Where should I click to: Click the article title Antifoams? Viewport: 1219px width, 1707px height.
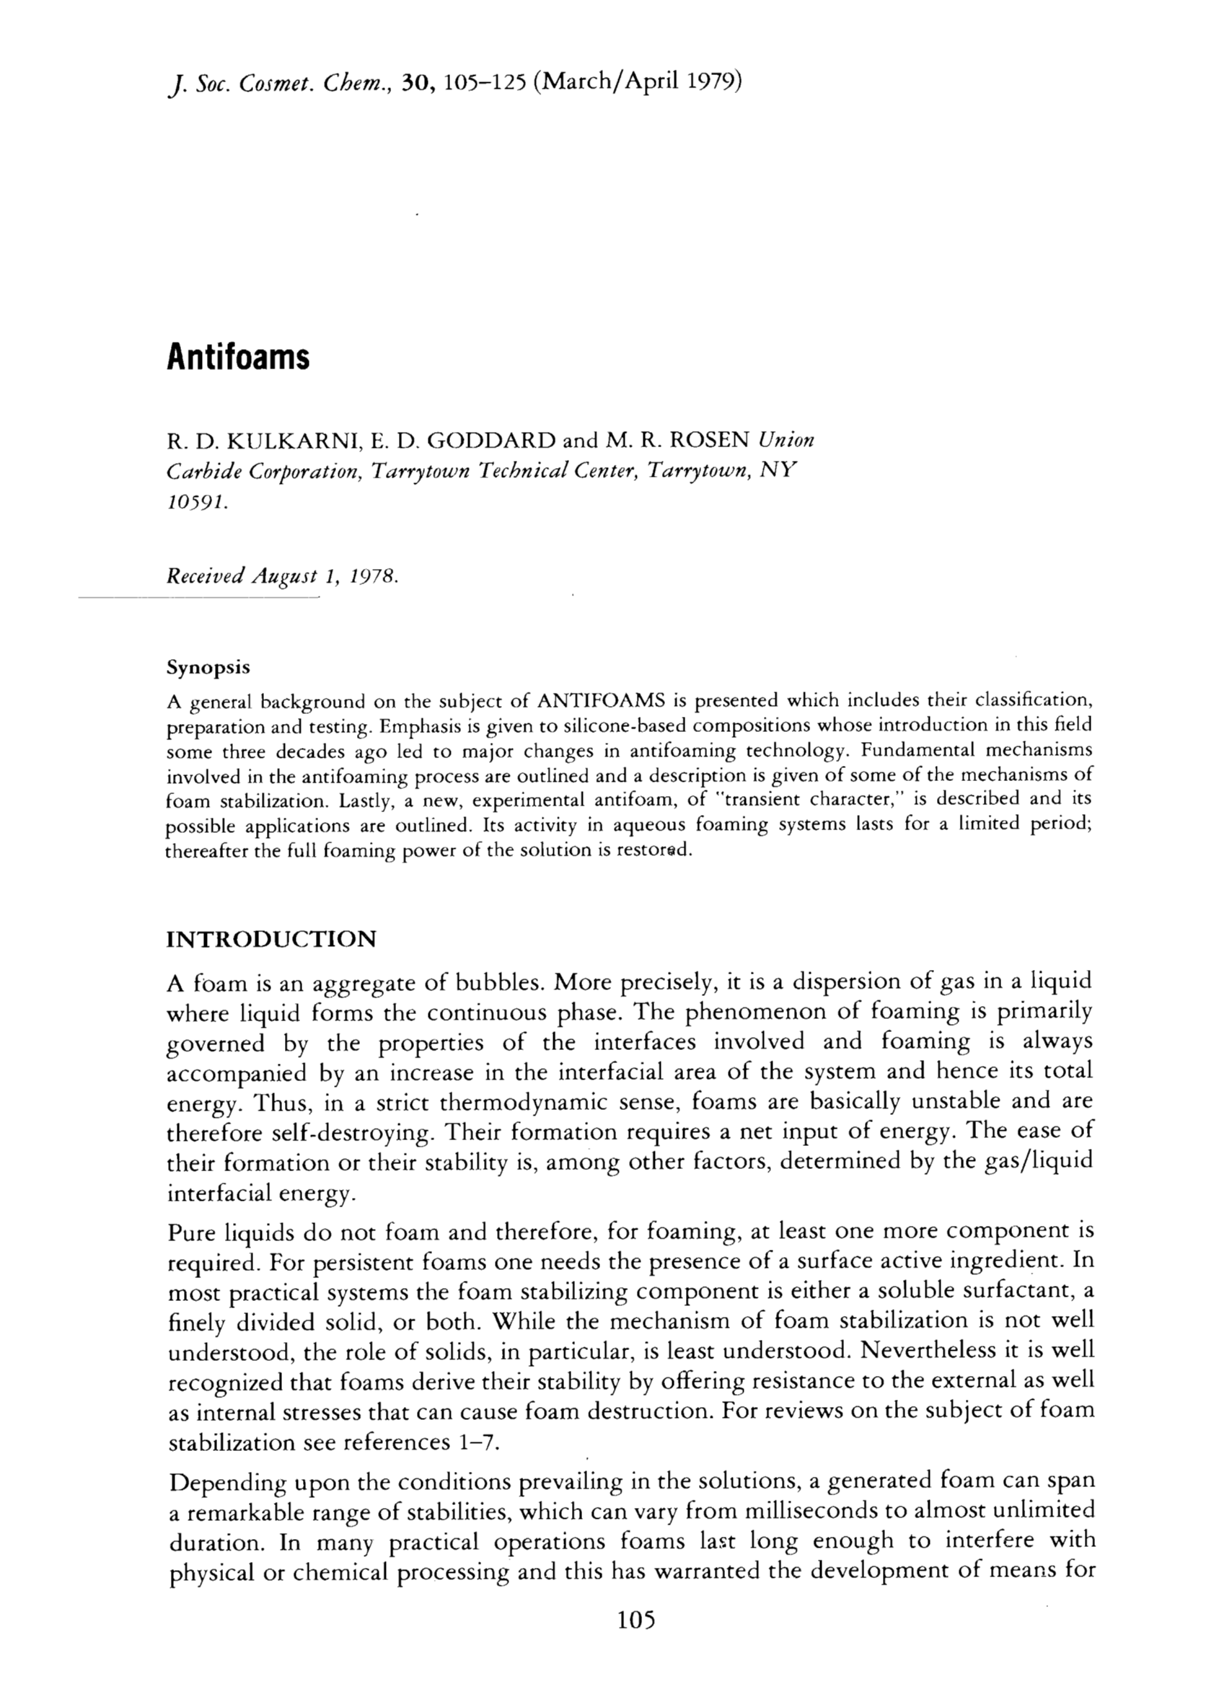[x=238, y=357]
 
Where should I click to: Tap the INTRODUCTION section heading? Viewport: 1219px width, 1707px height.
[x=270, y=939]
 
